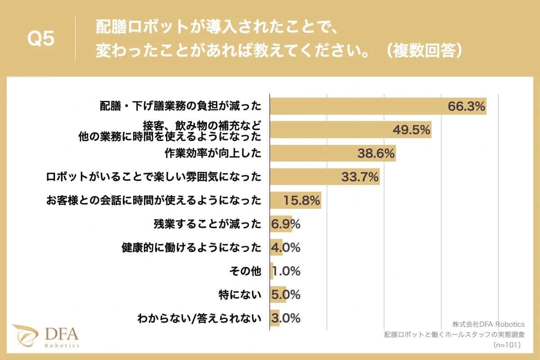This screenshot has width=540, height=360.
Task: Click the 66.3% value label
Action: [466, 106]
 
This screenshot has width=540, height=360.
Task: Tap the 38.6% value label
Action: [376, 154]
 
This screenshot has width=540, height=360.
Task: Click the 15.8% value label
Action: [301, 200]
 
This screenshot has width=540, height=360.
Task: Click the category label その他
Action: [245, 271]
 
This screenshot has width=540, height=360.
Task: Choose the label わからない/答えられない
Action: [199, 319]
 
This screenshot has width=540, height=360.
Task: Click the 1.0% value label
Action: [287, 271]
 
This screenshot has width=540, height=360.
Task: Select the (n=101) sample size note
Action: [507, 345]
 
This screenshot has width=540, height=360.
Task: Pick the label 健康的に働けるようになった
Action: [191, 247]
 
